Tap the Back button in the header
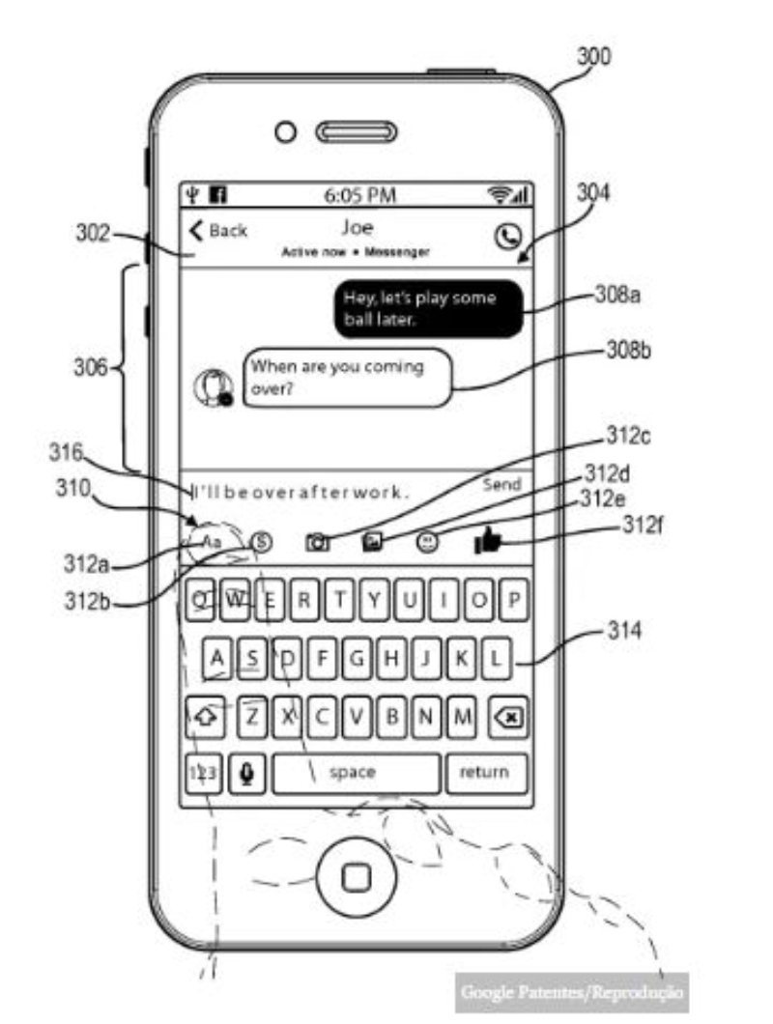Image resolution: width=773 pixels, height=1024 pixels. pyautogui.click(x=218, y=230)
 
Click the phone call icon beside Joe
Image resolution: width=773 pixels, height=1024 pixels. pyautogui.click(x=506, y=236)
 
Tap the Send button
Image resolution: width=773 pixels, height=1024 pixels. pyautogui.click(x=501, y=484)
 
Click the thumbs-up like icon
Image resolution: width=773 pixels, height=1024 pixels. pyautogui.click(x=489, y=543)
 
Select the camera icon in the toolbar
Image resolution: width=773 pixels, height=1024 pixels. pyautogui.click(x=317, y=543)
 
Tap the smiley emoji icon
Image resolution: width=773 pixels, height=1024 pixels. pyautogui.click(x=427, y=543)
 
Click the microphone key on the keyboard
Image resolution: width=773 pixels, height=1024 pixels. pyautogui.click(x=247, y=773)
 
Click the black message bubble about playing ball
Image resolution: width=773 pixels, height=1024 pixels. pyautogui.click(x=429, y=309)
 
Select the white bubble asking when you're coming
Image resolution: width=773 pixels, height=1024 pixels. pyautogui.click(x=347, y=379)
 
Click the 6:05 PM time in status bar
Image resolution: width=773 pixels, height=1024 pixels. pyautogui.click(x=359, y=195)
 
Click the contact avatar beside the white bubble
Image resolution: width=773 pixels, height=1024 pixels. pyautogui.click(x=213, y=387)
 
